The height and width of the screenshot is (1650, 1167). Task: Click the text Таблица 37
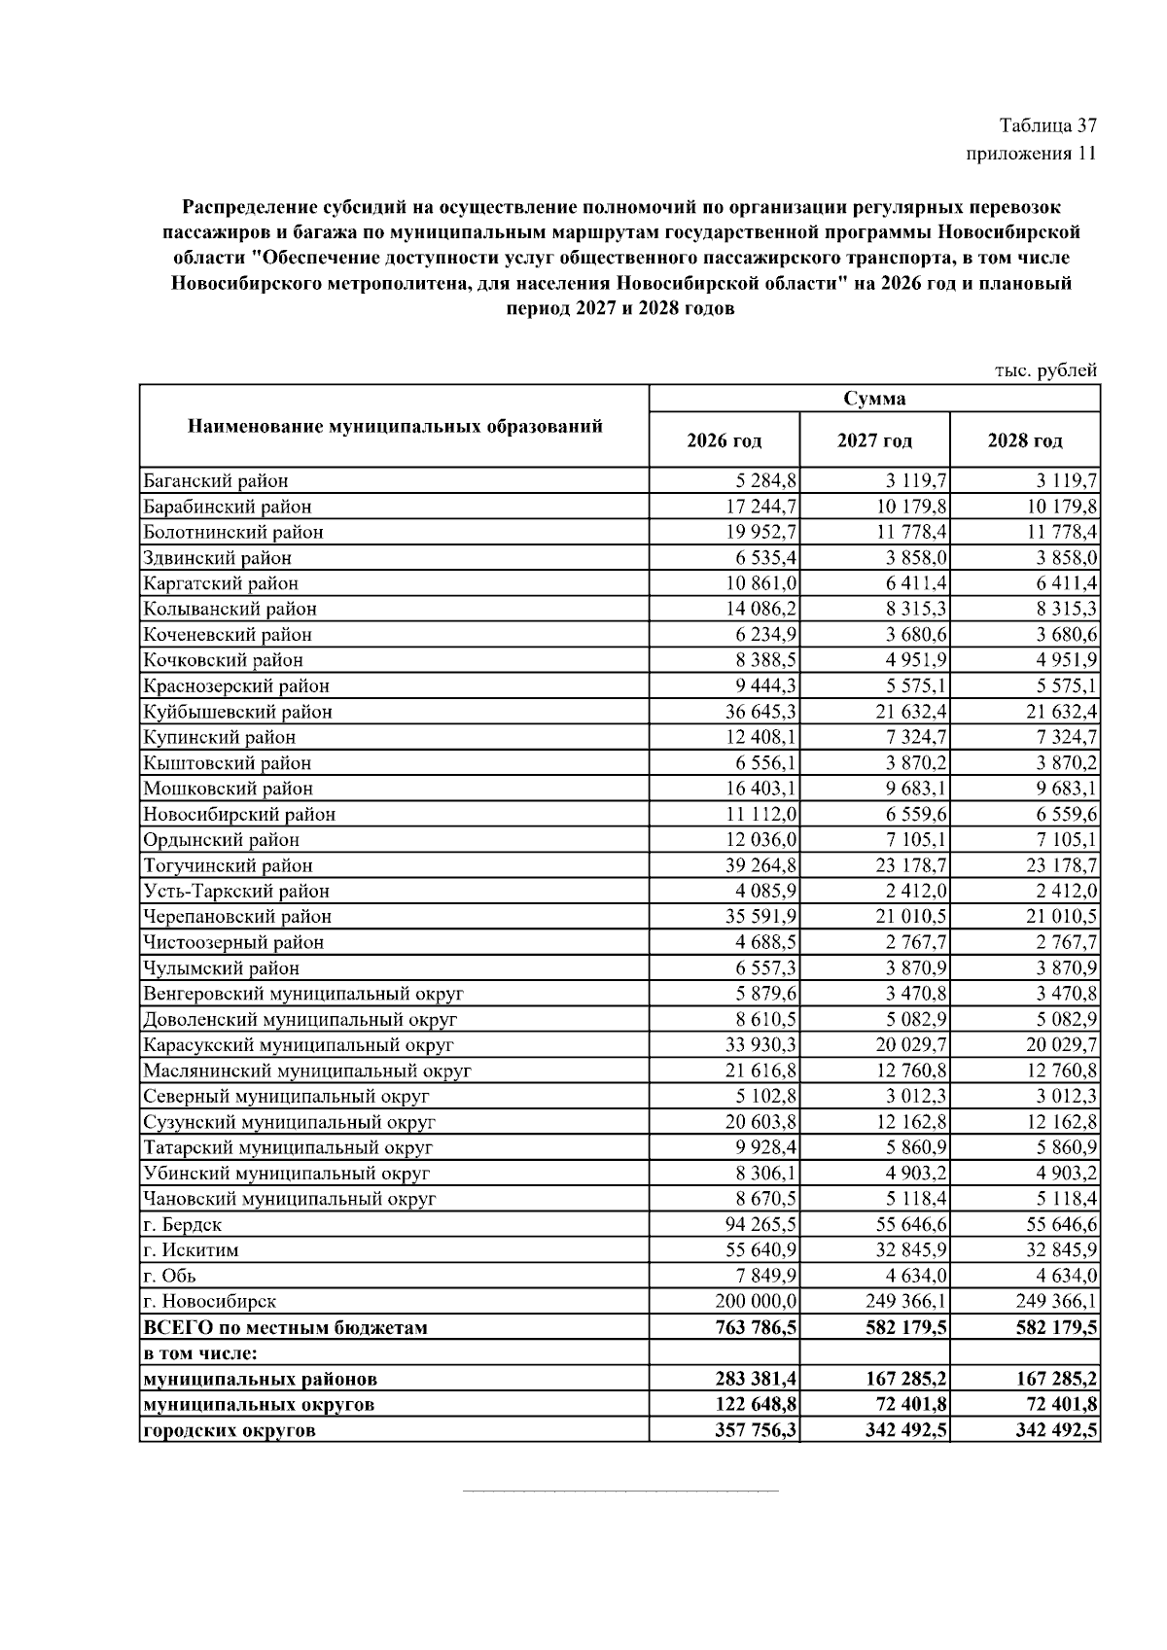coord(1047,126)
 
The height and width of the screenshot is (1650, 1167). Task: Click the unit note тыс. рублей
coord(1045,370)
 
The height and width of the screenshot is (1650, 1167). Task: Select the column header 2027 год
coord(874,440)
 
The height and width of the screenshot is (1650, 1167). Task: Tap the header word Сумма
coord(874,399)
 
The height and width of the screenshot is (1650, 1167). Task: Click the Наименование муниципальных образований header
coord(394,426)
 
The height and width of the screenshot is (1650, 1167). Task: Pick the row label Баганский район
coord(216,480)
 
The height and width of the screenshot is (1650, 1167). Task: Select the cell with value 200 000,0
coord(757,1301)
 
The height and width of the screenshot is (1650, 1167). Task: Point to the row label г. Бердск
coord(183,1224)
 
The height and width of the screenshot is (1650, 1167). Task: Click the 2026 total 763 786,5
coord(755,1327)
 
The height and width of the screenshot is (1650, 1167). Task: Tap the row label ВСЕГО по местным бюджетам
coord(285,1327)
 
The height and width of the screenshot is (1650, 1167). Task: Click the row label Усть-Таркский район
coord(236,891)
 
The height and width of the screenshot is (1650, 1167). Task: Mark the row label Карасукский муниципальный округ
coord(299,1045)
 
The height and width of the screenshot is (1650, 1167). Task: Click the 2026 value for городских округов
coord(755,1430)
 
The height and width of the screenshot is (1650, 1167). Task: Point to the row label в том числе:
coord(205,1352)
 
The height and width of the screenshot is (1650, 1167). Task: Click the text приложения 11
coord(1031,154)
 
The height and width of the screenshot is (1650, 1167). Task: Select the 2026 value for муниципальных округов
coord(755,1404)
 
